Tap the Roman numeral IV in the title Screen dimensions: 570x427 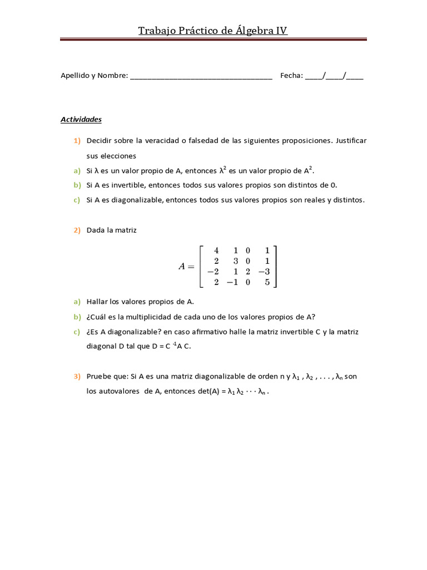click(x=282, y=31)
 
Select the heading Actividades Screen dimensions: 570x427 click(x=81, y=119)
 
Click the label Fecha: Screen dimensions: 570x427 click(x=291, y=76)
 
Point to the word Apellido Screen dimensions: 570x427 click(x=75, y=76)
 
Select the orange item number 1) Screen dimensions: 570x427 click(x=76, y=141)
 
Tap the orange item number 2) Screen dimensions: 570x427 click(x=76, y=230)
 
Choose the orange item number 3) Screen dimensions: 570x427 click(x=76, y=376)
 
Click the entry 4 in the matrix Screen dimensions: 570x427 click(x=216, y=251)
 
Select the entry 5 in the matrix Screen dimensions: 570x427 click(x=267, y=282)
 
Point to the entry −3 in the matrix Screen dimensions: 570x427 click(x=264, y=272)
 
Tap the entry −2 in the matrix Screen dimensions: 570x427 click(x=212, y=272)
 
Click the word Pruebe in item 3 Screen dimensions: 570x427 click(x=98, y=376)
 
